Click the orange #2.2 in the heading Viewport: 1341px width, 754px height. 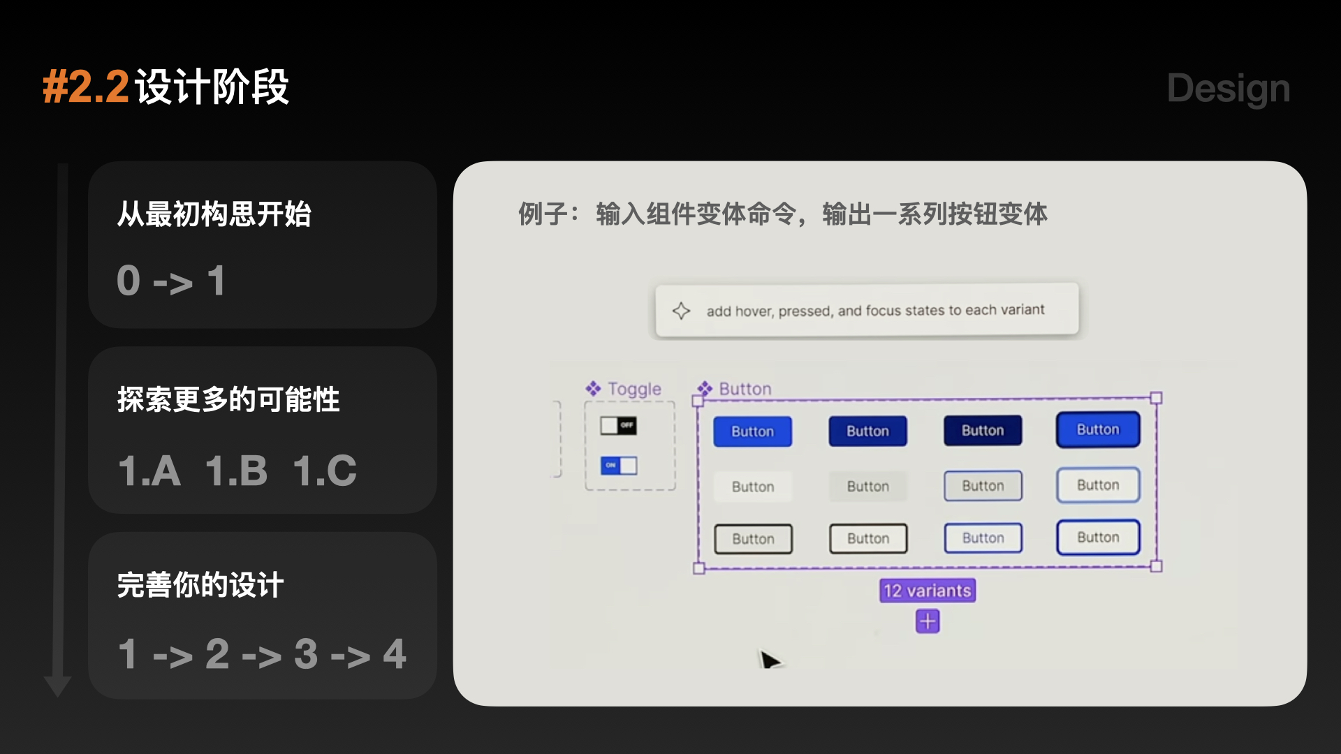pos(86,88)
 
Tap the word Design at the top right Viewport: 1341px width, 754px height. pos(1228,89)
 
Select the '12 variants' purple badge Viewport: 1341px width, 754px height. pos(927,591)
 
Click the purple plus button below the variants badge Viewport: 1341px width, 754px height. pos(928,621)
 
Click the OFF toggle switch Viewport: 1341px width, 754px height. pos(618,425)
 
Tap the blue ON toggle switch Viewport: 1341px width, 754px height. pos(619,465)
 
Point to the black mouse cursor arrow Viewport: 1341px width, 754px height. pos(769,660)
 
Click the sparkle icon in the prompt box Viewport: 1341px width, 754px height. pos(681,311)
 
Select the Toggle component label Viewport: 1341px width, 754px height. pos(633,389)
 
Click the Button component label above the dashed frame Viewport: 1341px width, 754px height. pos(745,389)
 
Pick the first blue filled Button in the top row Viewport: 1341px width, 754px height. pos(752,431)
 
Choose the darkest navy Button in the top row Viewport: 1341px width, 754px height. pos(982,430)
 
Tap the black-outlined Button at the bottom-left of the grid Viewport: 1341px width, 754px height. pos(753,539)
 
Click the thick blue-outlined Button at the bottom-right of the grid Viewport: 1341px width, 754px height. pos(1098,537)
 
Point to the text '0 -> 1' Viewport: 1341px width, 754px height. pos(171,281)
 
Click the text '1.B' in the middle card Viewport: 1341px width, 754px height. pos(236,471)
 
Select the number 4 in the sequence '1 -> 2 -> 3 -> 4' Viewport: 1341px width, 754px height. pos(395,654)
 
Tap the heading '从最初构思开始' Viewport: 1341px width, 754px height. pos(214,214)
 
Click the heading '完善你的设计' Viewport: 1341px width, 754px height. pos(200,585)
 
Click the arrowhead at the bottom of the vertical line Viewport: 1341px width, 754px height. pos(58,686)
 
